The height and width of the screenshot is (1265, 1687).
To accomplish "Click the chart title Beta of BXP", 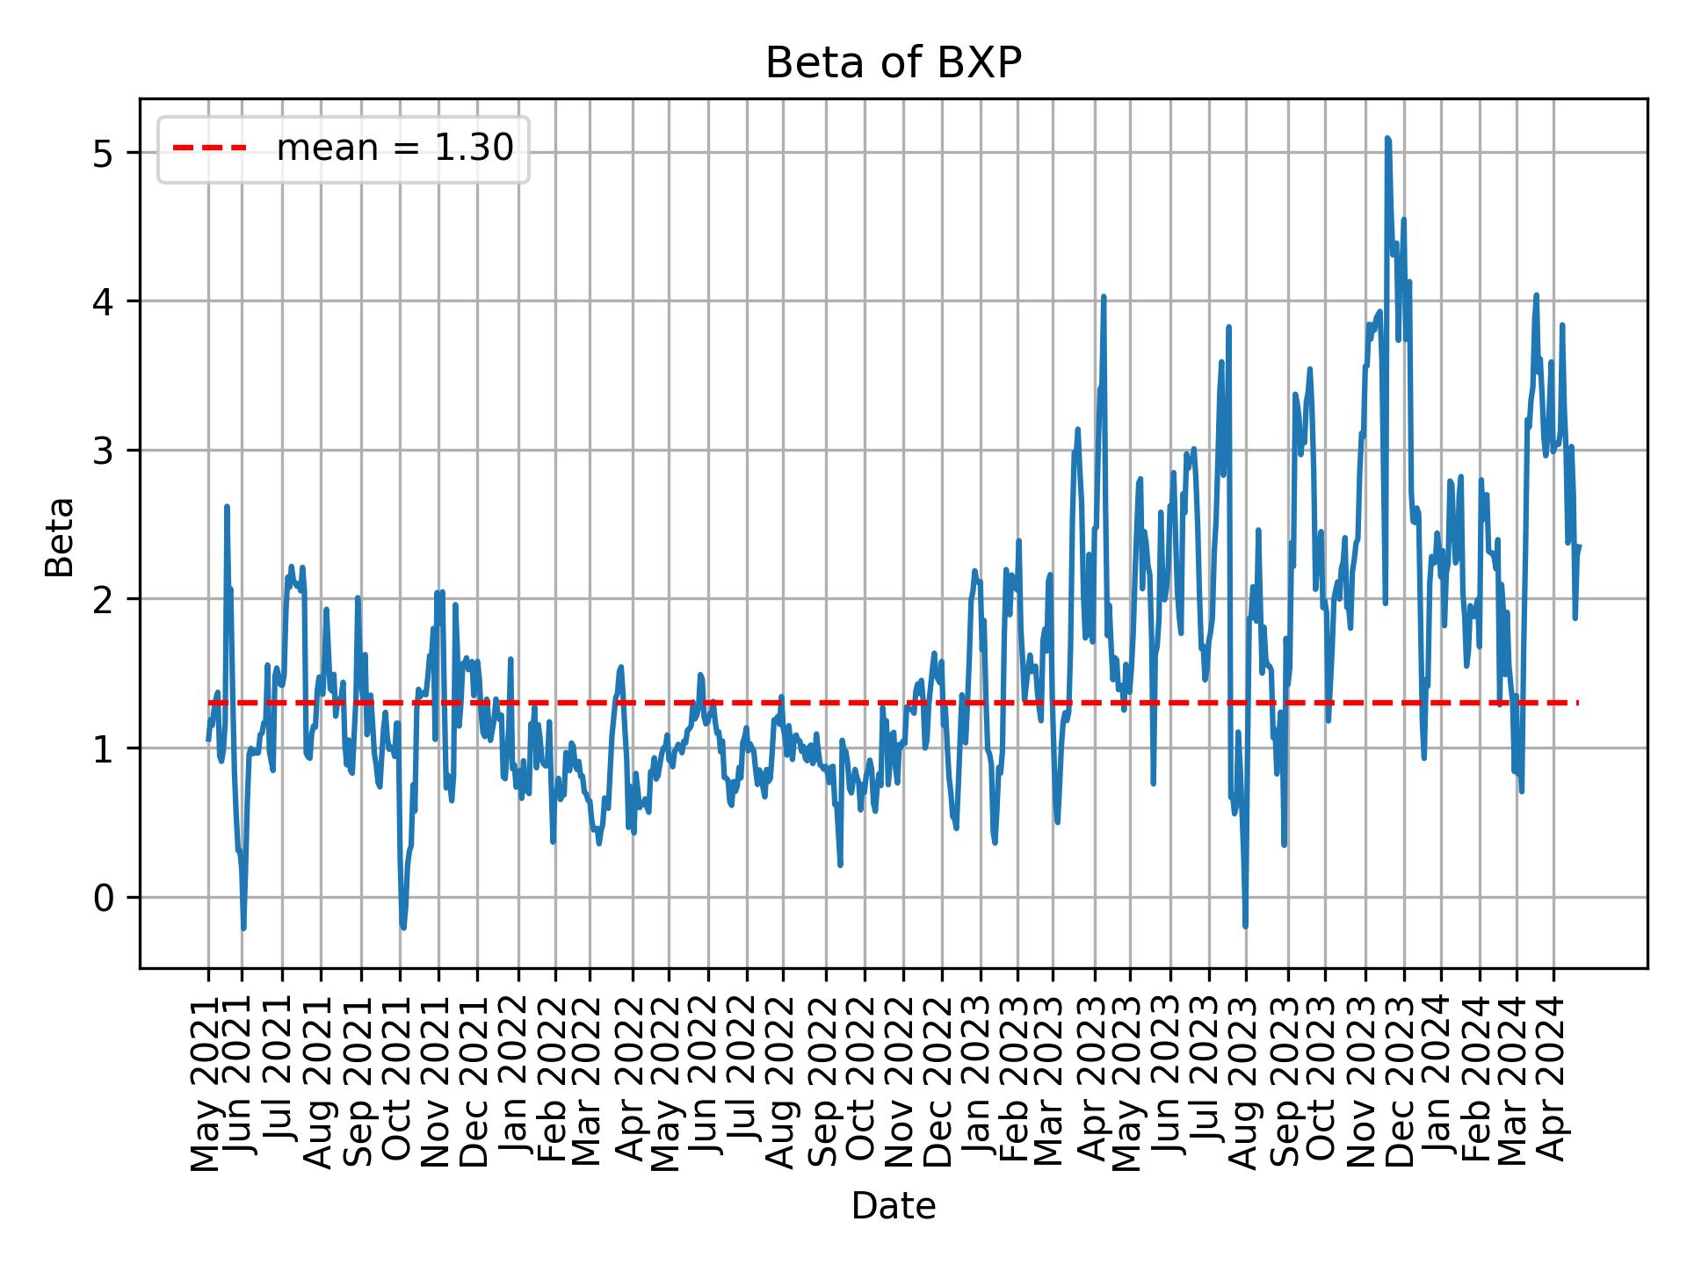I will [893, 64].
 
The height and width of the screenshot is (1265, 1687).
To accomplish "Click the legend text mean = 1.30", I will [395, 148].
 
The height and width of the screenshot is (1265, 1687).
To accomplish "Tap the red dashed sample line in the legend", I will [210, 148].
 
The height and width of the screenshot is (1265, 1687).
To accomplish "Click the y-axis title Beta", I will [60, 537].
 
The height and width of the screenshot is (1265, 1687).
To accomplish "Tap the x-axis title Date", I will [893, 1206].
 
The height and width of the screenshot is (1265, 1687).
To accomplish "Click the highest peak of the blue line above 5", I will [1387, 139].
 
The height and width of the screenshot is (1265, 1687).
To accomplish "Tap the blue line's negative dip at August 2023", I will [1245, 926].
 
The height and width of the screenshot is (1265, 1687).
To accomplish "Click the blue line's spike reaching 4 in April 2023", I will [1104, 297].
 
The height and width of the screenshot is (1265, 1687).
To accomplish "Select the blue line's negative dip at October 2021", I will [402, 927].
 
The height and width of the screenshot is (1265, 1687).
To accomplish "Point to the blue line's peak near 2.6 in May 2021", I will [227, 507].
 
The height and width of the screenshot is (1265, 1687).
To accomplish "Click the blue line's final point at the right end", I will [1579, 547].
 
